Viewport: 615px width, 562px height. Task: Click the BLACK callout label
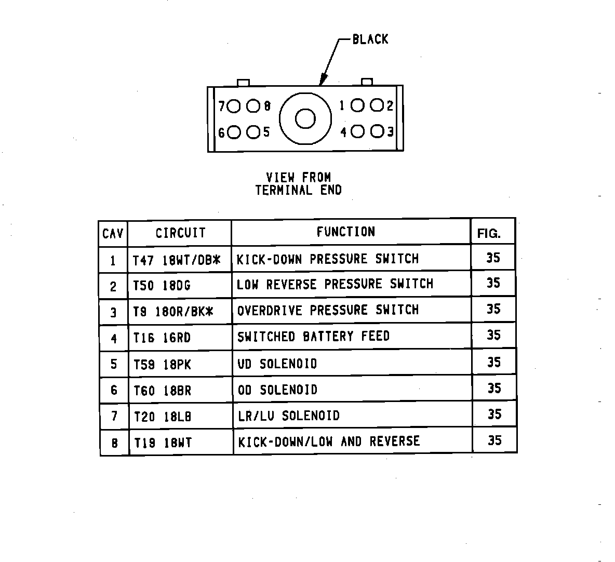point(370,39)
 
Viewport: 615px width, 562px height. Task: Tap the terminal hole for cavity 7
point(234,106)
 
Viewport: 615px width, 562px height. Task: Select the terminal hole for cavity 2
point(377,106)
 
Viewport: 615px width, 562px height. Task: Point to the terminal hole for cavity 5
point(253,132)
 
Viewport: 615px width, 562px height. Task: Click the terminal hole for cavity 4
point(357,132)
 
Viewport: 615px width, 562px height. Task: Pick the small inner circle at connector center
point(305,119)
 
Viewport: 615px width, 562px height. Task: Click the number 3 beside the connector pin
point(390,132)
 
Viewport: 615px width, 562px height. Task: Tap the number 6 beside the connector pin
point(221,133)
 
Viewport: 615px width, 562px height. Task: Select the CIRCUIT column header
point(180,233)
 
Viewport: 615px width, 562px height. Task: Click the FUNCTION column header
point(345,232)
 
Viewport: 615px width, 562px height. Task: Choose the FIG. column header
point(489,234)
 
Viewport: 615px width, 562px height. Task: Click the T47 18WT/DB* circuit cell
point(177,260)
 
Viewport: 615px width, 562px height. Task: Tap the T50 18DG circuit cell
point(162,286)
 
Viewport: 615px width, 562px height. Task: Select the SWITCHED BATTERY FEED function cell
point(313,337)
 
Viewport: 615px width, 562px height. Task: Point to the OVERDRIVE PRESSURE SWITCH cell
point(328,310)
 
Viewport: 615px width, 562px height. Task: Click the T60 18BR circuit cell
point(163,391)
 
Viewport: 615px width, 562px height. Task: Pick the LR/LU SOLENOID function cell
point(289,416)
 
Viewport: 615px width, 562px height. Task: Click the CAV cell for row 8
point(114,443)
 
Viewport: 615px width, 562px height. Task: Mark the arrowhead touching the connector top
point(322,82)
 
